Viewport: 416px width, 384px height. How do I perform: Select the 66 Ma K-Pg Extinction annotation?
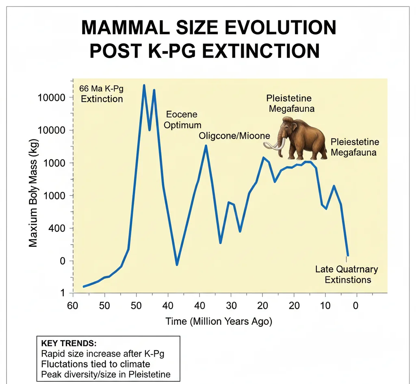pos(102,94)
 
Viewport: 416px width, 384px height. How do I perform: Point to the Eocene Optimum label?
pos(182,119)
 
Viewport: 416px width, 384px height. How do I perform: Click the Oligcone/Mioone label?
pos(234,136)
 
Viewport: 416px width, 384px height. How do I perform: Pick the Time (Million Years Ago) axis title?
pos(219,321)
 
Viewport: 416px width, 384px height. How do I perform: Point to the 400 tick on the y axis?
pos(56,228)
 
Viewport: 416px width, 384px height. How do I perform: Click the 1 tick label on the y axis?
pos(63,293)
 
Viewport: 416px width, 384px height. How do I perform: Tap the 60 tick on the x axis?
pos(73,305)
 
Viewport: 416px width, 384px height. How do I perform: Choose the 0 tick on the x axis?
pos(356,305)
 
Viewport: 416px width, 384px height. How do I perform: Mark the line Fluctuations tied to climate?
pos(96,364)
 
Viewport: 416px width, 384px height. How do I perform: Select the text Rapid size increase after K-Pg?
pos(103,354)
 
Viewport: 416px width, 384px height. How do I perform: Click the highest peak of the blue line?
pos(144,85)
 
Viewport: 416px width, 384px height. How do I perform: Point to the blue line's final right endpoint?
pos(348,256)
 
